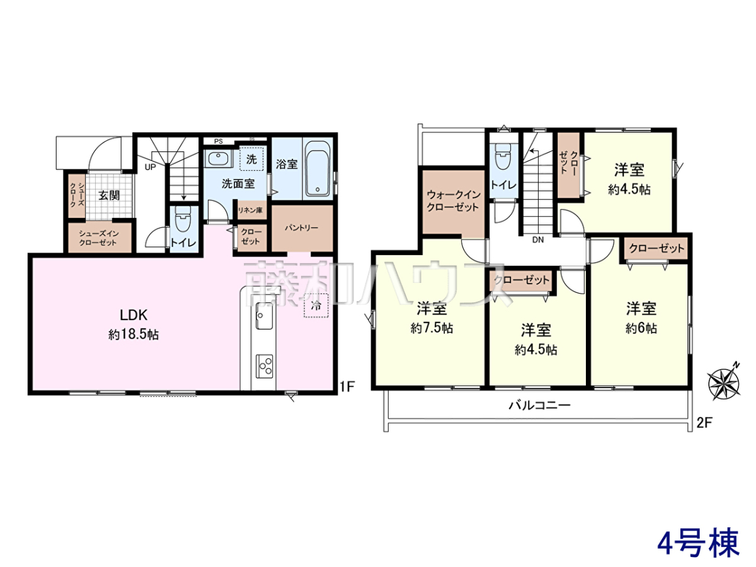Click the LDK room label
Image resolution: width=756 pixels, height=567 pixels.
pos(134,314)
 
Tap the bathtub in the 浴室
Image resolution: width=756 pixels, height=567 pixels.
pos(318,169)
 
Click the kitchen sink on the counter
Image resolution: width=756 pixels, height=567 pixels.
pos(264,316)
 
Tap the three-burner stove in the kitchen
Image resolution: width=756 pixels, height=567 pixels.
pos(264,366)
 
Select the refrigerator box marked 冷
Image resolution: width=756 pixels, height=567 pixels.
pos(316,305)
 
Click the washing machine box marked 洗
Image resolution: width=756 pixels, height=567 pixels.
pos(251,159)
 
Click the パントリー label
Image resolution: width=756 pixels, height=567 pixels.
pos(301,228)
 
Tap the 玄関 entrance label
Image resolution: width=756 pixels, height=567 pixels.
pos(109,195)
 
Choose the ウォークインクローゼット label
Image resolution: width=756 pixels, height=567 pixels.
pos(453,201)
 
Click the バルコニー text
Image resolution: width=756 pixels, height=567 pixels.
pos(540,405)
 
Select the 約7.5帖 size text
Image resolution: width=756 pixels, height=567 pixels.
pos(432,328)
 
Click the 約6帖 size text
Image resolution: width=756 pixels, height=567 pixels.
pos(641,328)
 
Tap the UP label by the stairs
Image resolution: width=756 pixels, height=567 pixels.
pos(150,167)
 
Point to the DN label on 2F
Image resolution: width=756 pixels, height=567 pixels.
pos(538,239)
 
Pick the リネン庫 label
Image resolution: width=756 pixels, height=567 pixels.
pos(250,210)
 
